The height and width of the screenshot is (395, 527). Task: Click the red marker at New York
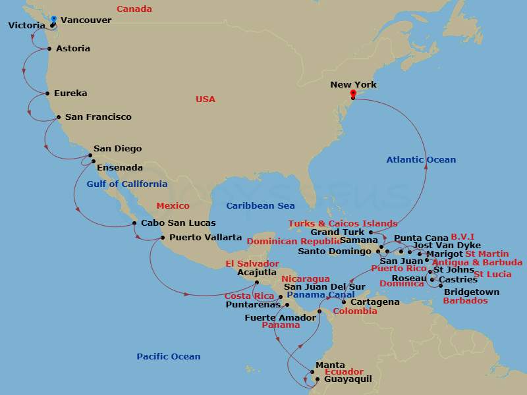pos(353,93)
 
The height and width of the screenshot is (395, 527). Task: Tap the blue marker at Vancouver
pos(53,20)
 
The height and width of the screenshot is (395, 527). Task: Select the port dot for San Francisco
pos(59,118)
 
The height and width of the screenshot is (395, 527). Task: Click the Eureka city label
pos(70,93)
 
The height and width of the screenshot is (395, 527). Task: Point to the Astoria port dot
pos(49,49)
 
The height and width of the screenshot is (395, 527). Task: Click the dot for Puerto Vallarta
pos(163,238)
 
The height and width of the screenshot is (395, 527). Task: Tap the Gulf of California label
pos(126,184)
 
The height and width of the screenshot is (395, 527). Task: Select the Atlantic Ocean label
pos(421,160)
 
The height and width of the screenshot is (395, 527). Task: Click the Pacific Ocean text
pos(169,357)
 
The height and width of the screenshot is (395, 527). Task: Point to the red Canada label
pos(134,9)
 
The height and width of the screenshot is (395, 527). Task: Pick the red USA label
pos(206,99)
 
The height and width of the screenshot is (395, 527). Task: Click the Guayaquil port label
pos(348,379)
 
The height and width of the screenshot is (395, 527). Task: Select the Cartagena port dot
pos(343,302)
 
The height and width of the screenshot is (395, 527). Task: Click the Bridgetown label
pos(472,292)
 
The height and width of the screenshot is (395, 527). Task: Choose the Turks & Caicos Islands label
pos(343,224)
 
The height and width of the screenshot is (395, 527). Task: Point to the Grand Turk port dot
pos(371,232)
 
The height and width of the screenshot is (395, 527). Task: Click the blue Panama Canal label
pos(321,295)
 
